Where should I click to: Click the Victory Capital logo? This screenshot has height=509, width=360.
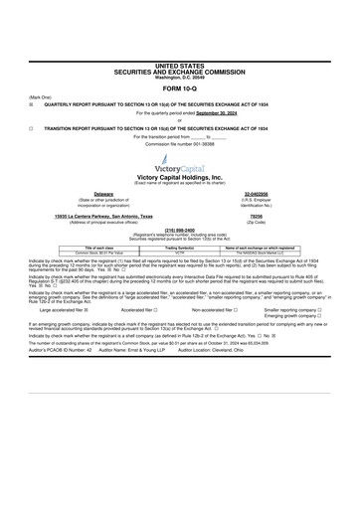click(179, 163)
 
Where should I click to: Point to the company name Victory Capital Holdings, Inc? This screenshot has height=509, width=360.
click(179, 177)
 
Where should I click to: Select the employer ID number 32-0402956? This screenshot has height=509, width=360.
click(260, 194)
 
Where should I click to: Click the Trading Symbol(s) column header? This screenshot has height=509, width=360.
click(179, 247)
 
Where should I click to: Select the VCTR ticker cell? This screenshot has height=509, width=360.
click(179, 253)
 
